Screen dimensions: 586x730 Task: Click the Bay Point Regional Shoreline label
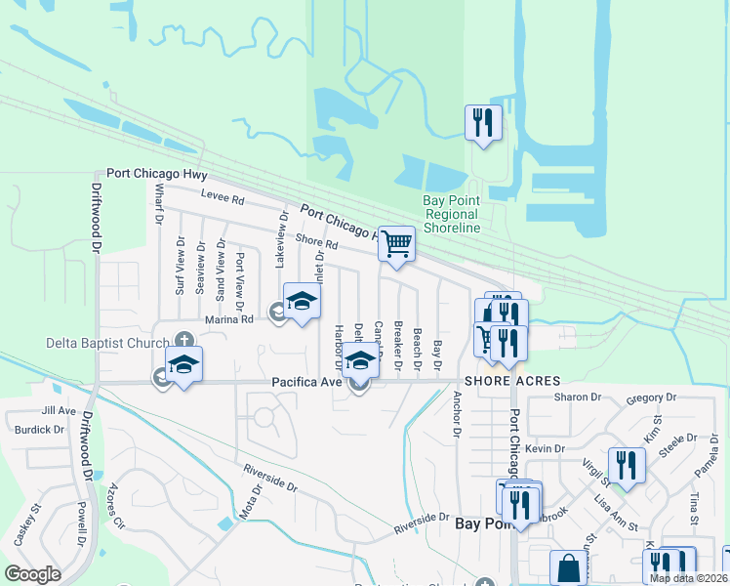point(451,214)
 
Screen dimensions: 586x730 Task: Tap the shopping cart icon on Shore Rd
point(396,244)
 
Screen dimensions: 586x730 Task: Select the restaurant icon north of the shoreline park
point(483,123)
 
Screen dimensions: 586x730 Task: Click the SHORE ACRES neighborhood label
point(512,381)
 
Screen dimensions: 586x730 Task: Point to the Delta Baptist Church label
point(107,343)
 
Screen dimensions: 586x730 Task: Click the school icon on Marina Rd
point(302,302)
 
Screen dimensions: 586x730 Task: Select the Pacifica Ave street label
point(305,382)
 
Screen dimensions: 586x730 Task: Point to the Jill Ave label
point(59,411)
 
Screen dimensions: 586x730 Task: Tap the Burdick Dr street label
point(40,429)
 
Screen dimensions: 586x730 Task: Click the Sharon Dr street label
point(576,398)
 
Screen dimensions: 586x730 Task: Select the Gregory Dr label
point(652,398)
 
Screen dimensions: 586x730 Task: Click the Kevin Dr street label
point(545,448)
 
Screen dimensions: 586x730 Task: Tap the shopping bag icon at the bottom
point(568,568)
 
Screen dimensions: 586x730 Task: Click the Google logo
point(32,573)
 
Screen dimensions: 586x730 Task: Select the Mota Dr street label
point(246,501)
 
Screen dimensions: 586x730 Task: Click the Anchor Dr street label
point(456,413)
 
